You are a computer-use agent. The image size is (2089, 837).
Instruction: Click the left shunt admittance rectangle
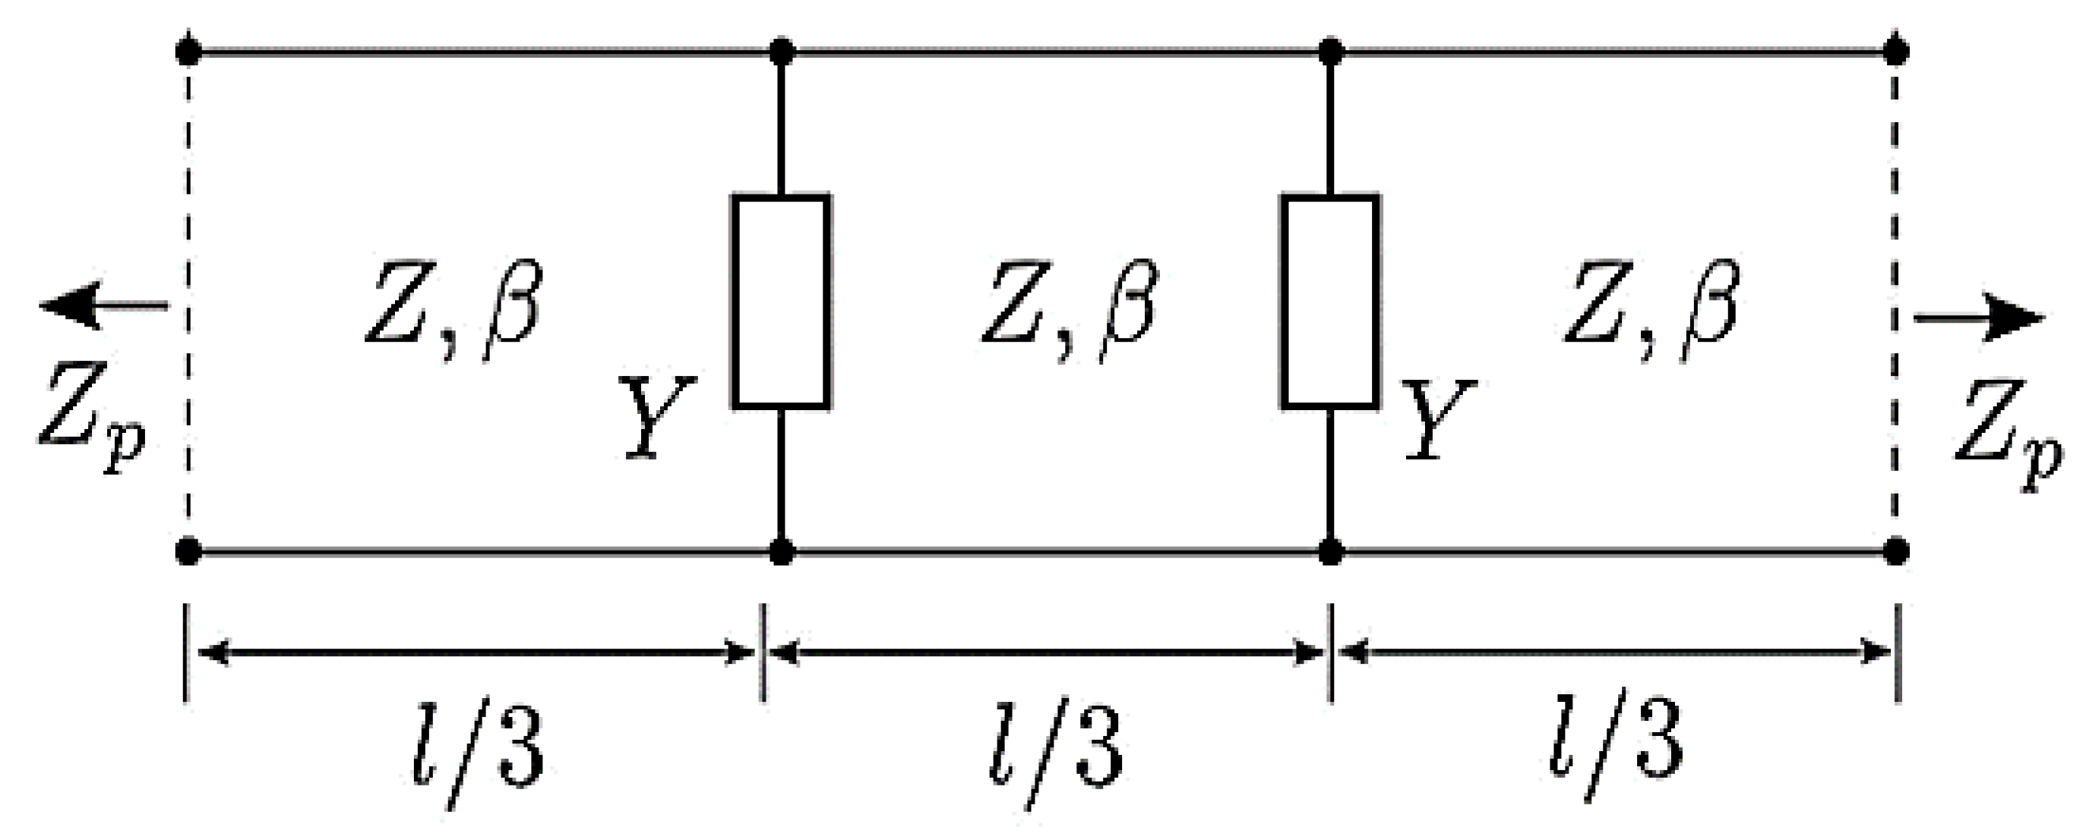tap(781, 301)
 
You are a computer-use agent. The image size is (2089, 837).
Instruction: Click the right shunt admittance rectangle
tap(1330, 301)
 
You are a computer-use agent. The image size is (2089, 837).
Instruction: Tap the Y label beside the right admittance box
tap(1438, 418)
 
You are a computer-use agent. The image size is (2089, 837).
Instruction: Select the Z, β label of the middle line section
tap(1069, 309)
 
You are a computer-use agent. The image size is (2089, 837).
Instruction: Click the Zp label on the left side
tap(91, 417)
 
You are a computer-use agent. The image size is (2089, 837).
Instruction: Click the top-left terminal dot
tap(188, 52)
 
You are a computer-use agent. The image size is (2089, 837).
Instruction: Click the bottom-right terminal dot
tap(1895, 552)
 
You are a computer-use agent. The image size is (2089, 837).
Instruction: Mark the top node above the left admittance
tap(781, 52)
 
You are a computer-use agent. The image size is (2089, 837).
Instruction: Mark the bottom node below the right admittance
tap(1330, 552)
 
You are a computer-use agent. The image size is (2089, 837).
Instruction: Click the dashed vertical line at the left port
tap(188, 300)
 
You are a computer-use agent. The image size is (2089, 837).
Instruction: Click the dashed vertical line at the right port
tap(1895, 300)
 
